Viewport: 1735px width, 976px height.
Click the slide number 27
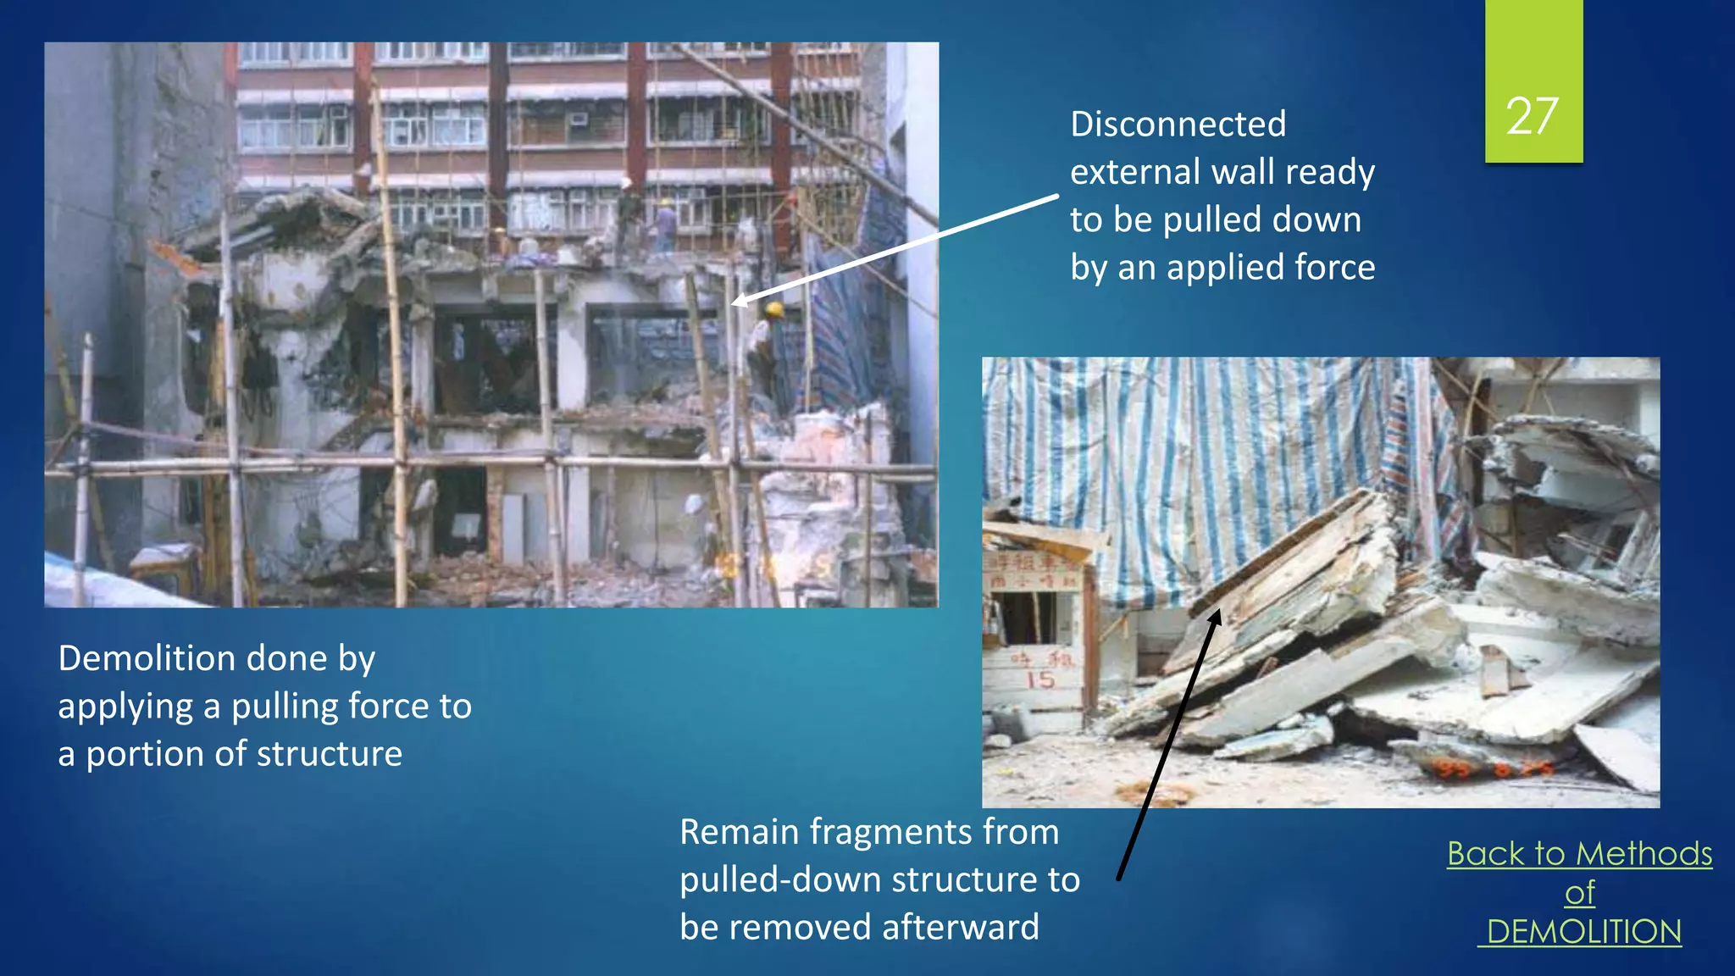1533,116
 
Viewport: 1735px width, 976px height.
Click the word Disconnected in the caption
1178,125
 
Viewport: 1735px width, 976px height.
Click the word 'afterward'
960,927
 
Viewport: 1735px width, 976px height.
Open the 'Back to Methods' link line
1579,853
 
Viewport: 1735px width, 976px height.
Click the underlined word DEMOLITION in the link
1583,932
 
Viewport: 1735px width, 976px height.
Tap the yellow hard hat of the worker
773,310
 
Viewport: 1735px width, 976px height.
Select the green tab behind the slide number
1533,34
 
